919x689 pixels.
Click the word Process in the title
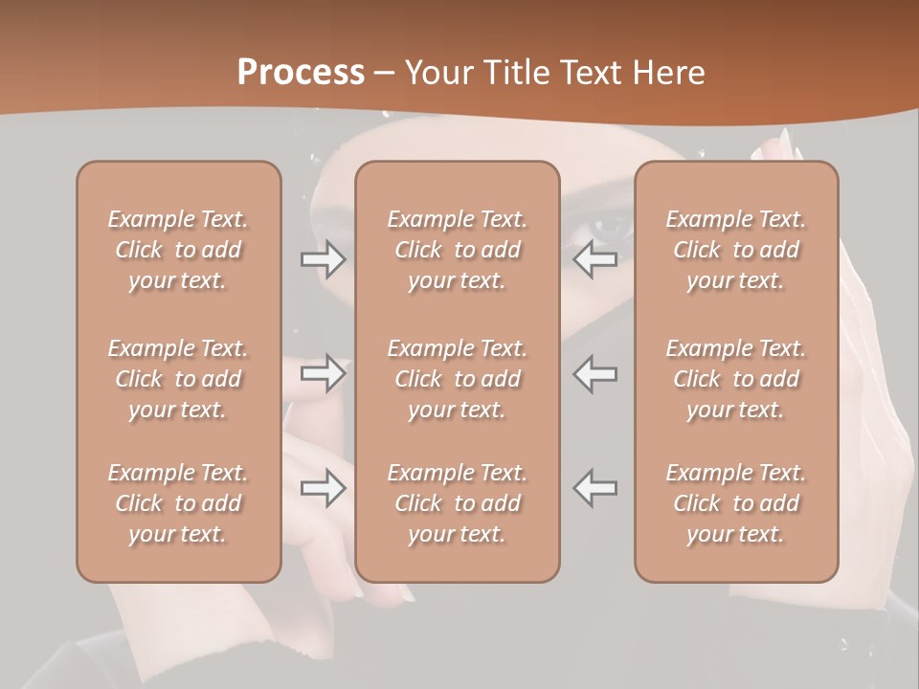click(x=301, y=72)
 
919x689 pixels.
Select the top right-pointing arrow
click(x=323, y=259)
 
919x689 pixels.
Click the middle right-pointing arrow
click(x=323, y=374)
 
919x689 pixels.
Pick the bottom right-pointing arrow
click(x=323, y=488)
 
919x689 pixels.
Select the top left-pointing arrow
click(x=595, y=259)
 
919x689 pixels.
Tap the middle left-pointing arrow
click(x=595, y=374)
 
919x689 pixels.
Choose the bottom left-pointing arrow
click(x=595, y=488)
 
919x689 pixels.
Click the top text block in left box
click(x=178, y=250)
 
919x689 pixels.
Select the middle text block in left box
click(x=178, y=379)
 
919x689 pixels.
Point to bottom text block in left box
click(x=178, y=503)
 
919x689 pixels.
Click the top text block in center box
click(x=457, y=250)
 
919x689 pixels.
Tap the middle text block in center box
click(x=457, y=379)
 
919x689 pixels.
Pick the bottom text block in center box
click(x=457, y=503)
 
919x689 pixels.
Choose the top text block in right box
click(x=736, y=250)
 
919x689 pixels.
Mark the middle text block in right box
click(x=736, y=379)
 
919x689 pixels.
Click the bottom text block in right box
click(x=736, y=503)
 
